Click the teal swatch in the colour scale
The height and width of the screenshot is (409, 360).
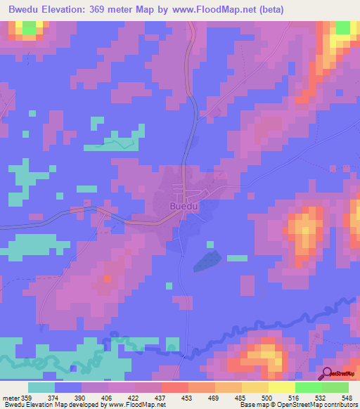coord(41,388)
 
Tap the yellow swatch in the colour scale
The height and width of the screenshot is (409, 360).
coord(281,388)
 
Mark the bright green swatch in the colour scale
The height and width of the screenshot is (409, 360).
coord(308,388)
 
